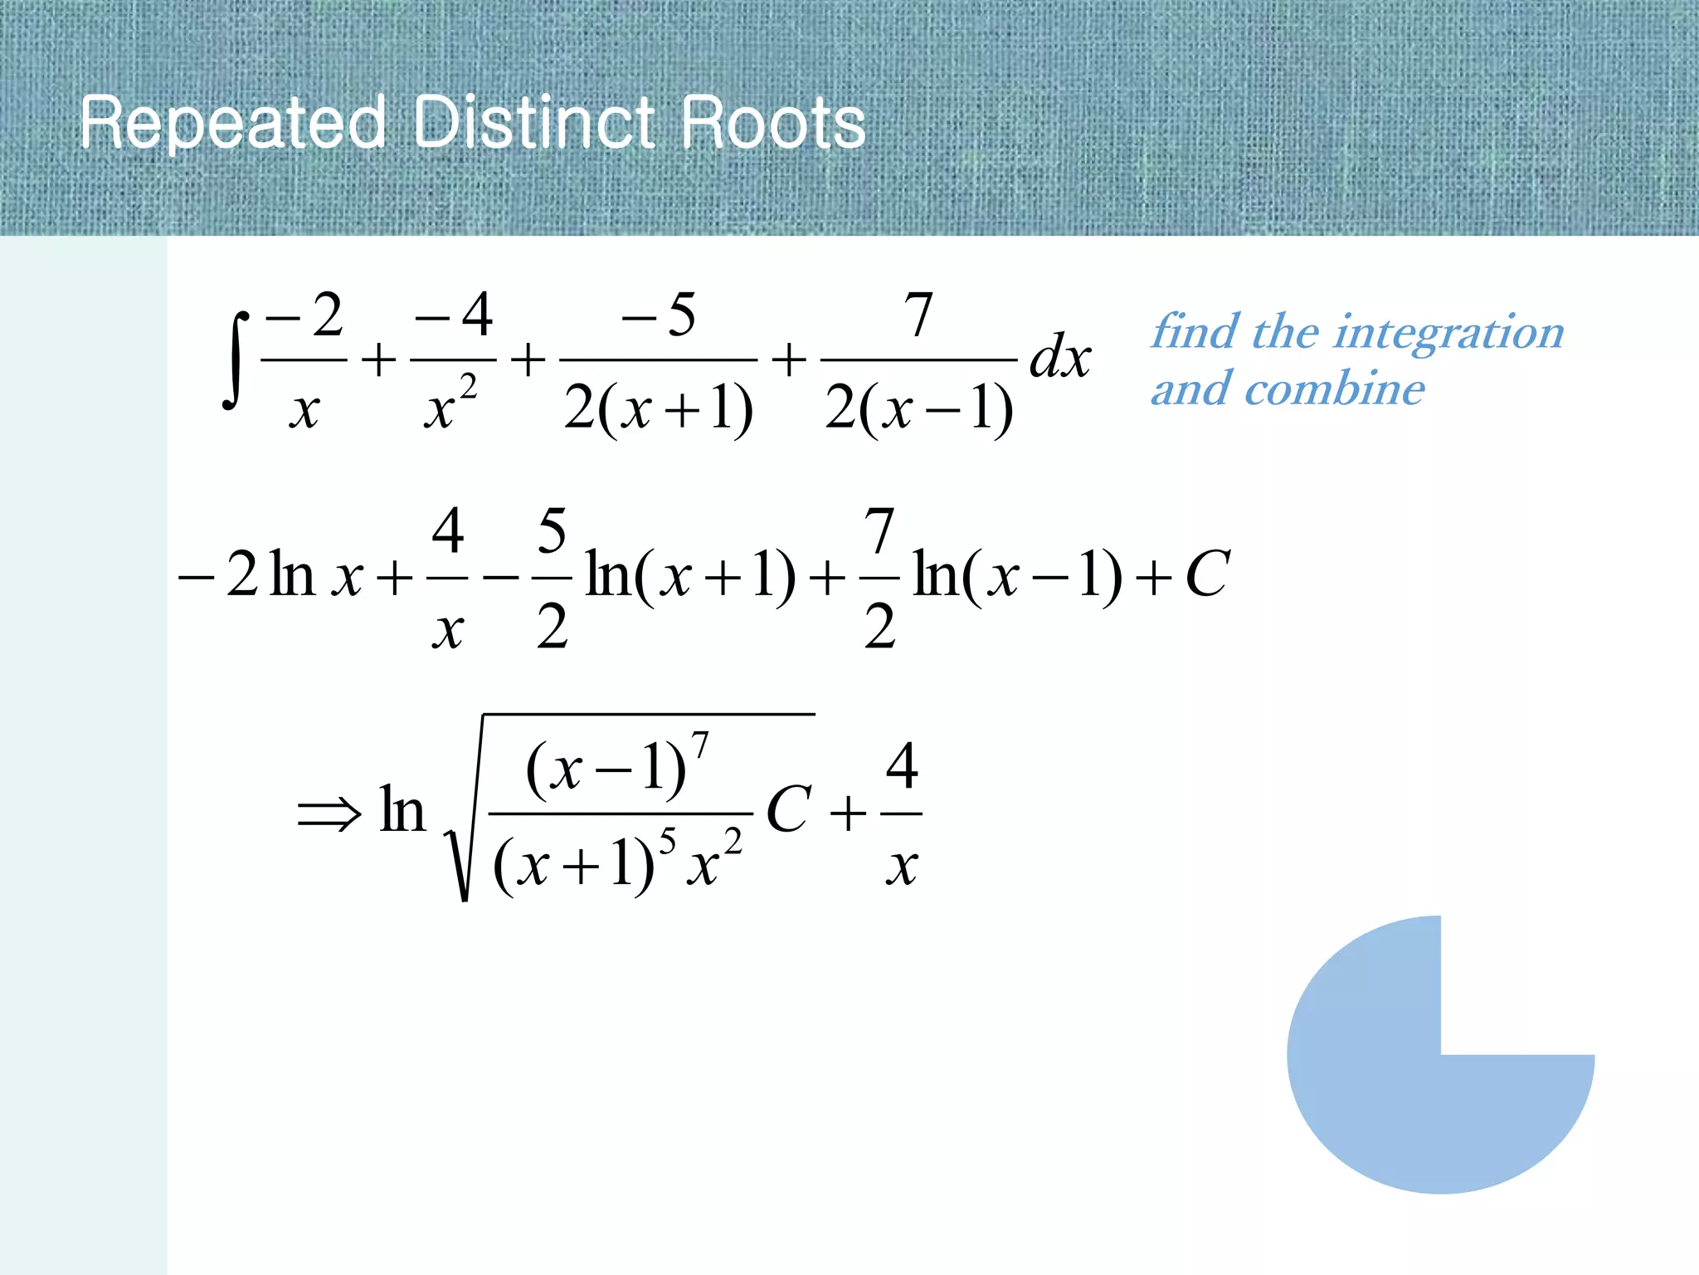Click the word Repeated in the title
[x=233, y=123]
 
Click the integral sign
[x=236, y=360]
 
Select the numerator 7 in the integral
[x=918, y=315]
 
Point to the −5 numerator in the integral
[x=659, y=315]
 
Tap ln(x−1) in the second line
[x=1017, y=575]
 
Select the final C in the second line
[x=1207, y=574]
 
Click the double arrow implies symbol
[x=329, y=813]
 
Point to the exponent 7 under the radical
[x=701, y=745]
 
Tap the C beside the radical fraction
[x=788, y=809]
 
